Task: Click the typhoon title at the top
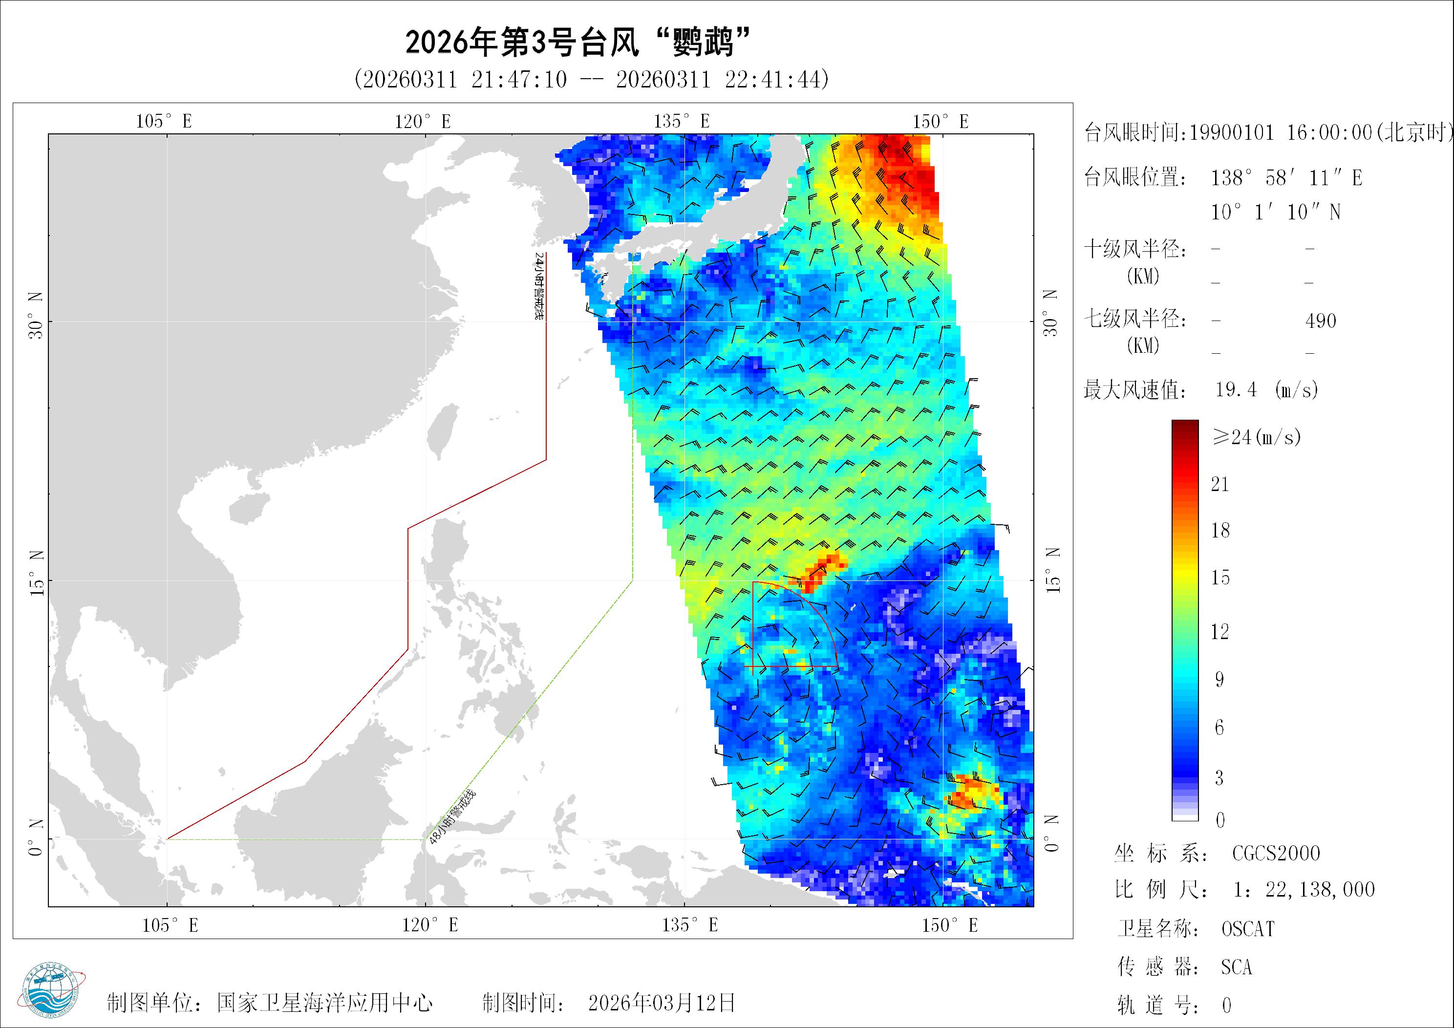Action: point(577,43)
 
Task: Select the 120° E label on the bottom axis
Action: point(429,925)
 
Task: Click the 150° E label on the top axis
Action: point(941,121)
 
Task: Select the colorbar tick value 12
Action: point(1219,631)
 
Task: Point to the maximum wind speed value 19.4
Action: point(1236,389)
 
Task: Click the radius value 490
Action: point(1321,321)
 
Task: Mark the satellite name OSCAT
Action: point(1247,929)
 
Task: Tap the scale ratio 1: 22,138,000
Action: point(1304,890)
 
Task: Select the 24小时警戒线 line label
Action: point(539,286)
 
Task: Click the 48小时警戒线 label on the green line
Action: point(452,816)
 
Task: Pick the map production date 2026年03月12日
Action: point(662,1003)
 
